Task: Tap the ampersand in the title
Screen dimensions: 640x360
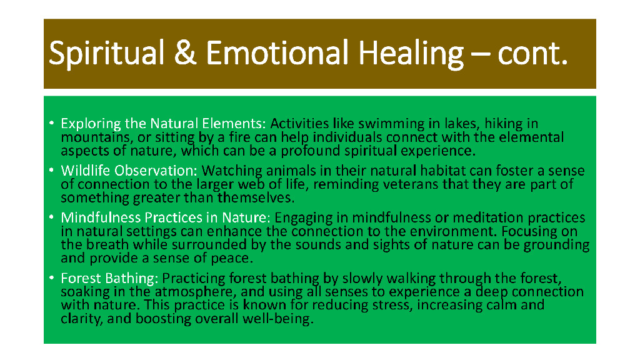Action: point(185,52)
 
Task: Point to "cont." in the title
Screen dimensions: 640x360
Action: point(532,54)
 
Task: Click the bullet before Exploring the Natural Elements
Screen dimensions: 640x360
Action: point(51,123)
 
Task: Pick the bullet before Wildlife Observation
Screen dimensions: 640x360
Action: point(51,170)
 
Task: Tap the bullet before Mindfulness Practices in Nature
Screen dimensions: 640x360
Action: point(51,217)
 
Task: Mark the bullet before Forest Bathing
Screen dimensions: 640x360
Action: point(51,277)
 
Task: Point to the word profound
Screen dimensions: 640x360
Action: point(310,151)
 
